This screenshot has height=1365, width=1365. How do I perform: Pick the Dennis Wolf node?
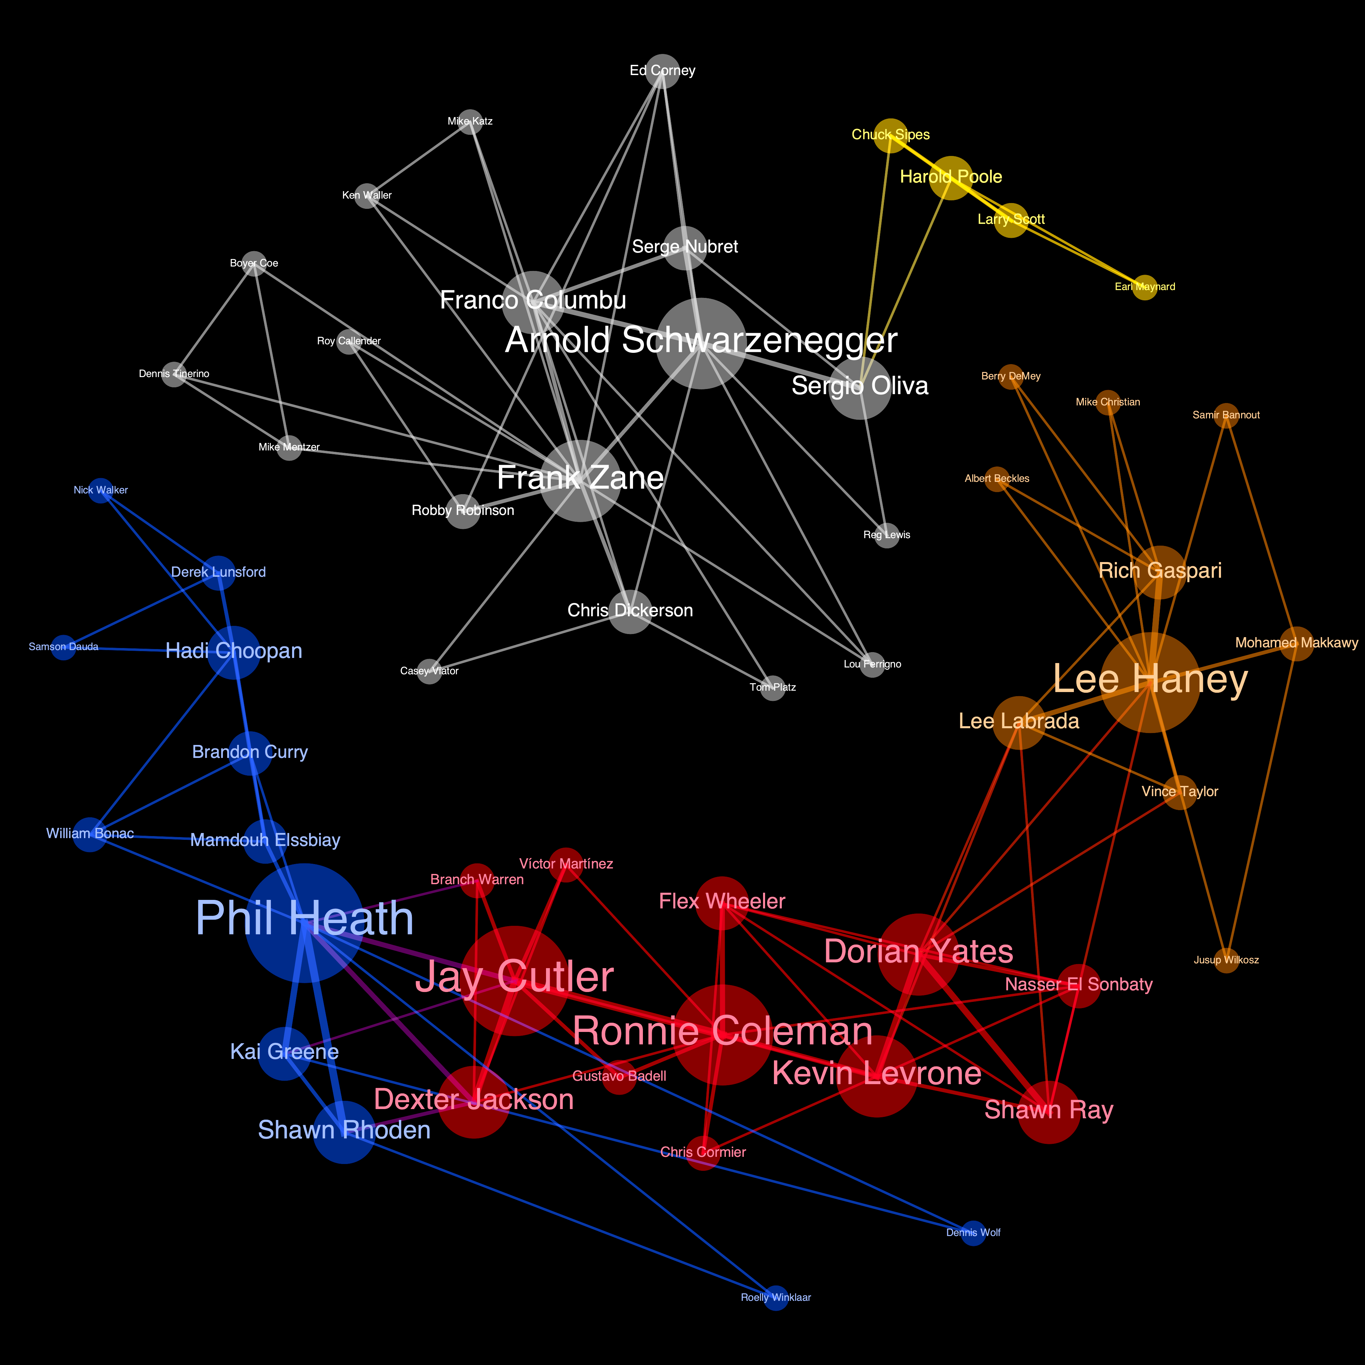pos(973,1233)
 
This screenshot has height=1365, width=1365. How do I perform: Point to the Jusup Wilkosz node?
pos(1226,960)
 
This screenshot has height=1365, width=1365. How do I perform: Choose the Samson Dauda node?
pos(63,647)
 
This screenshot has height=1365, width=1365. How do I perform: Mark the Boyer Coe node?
pos(254,263)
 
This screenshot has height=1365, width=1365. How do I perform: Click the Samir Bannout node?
pos(1226,415)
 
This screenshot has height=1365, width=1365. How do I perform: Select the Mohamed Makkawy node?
pos(1296,643)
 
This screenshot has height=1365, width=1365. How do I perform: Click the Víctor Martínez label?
pos(566,863)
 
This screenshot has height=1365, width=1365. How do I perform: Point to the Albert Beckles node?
pos(997,479)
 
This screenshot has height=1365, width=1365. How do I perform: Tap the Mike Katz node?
pos(470,121)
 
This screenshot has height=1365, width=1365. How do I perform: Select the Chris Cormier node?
pos(703,1152)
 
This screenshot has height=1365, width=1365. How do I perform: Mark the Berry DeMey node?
pos(1011,377)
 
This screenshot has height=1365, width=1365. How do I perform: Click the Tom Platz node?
pos(773,687)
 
